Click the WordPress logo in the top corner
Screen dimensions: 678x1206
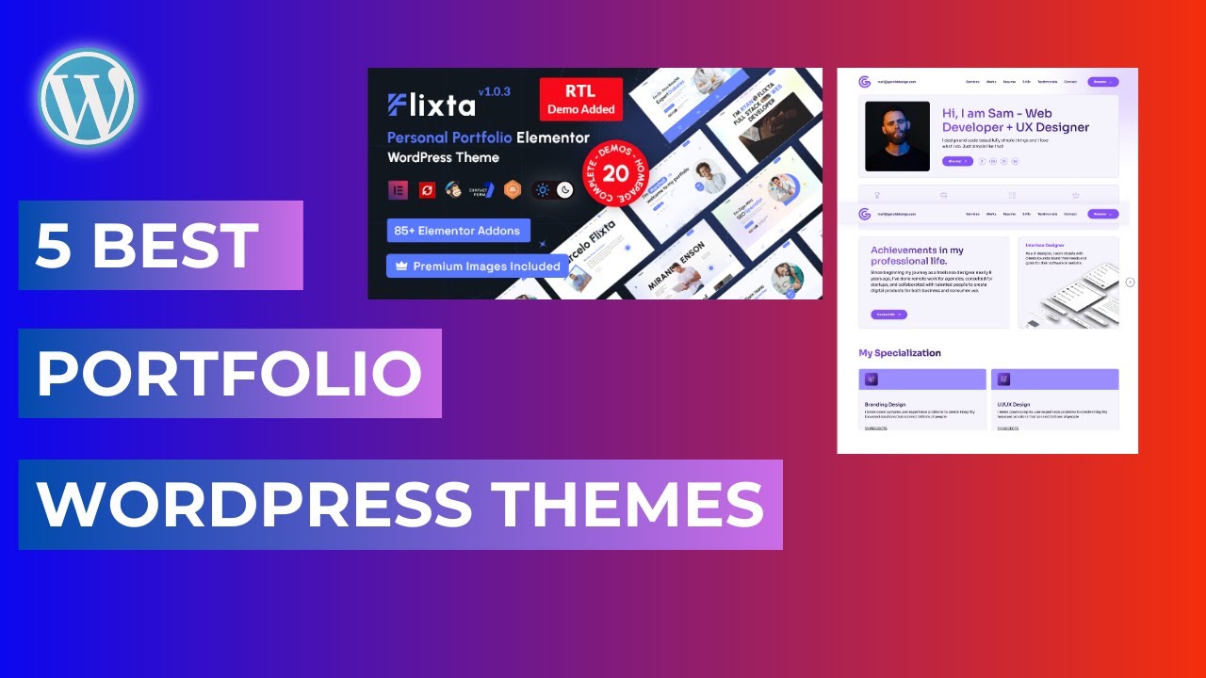pyautogui.click(x=88, y=97)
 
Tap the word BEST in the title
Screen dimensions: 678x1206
pyautogui.click(x=175, y=245)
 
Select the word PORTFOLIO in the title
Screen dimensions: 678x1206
pyautogui.click(x=229, y=373)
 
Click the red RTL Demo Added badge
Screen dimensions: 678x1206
pyautogui.click(x=580, y=100)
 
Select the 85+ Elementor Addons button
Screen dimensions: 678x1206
pyautogui.click(x=459, y=230)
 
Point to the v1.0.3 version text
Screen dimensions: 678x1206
pyautogui.click(x=494, y=91)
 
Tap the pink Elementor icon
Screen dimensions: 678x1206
pyautogui.click(x=399, y=189)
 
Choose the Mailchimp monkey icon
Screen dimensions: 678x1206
pyautogui.click(x=454, y=189)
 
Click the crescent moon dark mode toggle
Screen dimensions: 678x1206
pyautogui.click(x=565, y=189)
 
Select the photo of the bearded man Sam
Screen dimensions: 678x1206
pyautogui.click(x=897, y=137)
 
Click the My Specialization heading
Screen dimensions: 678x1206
pyautogui.click(x=900, y=353)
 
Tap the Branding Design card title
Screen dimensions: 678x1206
pyautogui.click(x=885, y=404)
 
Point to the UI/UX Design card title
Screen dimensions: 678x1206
pyautogui.click(x=1014, y=404)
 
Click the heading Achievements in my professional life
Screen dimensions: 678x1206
pyautogui.click(x=917, y=255)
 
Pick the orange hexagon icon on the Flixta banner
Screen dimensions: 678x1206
pyautogui.click(x=513, y=189)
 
